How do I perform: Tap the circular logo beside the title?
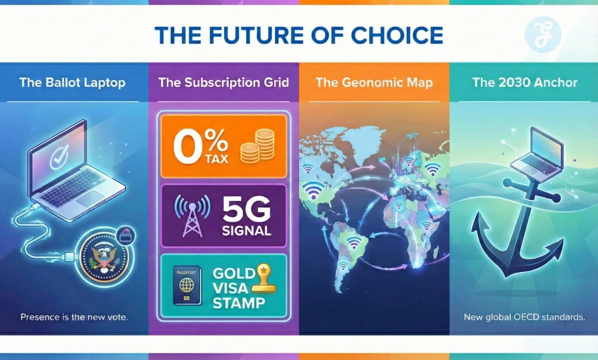pos(543,34)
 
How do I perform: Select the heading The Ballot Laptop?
pos(73,83)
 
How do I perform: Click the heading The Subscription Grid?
pos(224,83)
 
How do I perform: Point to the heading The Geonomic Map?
pos(374,83)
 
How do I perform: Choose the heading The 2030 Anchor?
pos(525,83)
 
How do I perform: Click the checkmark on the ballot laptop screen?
pos(59,157)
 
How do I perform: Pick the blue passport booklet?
pos(187,285)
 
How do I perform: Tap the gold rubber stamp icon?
pos(263,278)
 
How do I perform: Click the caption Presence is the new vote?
pos(74,317)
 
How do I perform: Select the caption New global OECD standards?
pos(524,317)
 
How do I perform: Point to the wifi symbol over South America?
pos(354,243)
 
